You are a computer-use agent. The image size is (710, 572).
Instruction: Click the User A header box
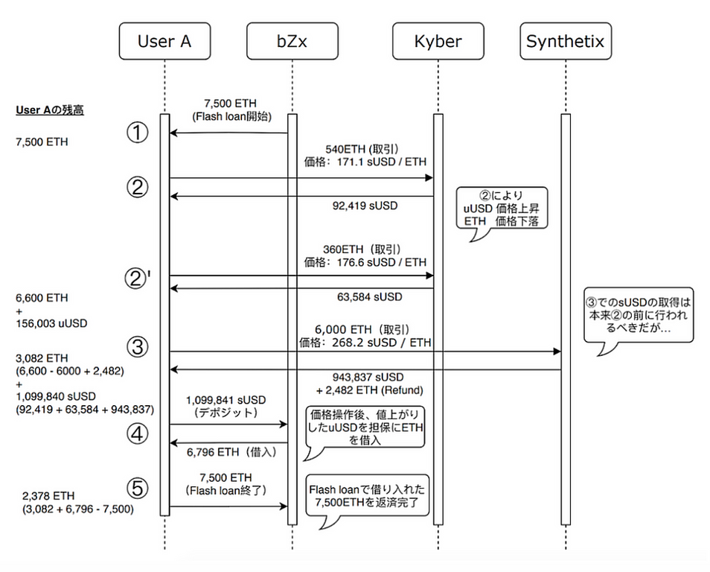pyautogui.click(x=164, y=42)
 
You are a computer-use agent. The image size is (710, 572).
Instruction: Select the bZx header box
pyautogui.click(x=291, y=42)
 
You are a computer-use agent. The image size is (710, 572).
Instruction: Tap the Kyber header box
pyautogui.click(x=438, y=42)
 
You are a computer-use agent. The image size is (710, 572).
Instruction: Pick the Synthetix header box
pyautogui.click(x=565, y=42)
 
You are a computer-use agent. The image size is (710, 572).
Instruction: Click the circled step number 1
pyautogui.click(x=138, y=134)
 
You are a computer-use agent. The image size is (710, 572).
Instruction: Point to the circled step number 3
pyautogui.click(x=138, y=347)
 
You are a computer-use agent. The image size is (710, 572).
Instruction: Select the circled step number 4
pyautogui.click(x=138, y=434)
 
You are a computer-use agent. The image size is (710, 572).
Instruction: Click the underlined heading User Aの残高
pyautogui.click(x=50, y=110)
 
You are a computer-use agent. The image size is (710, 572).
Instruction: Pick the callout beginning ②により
pyautogui.click(x=500, y=209)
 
